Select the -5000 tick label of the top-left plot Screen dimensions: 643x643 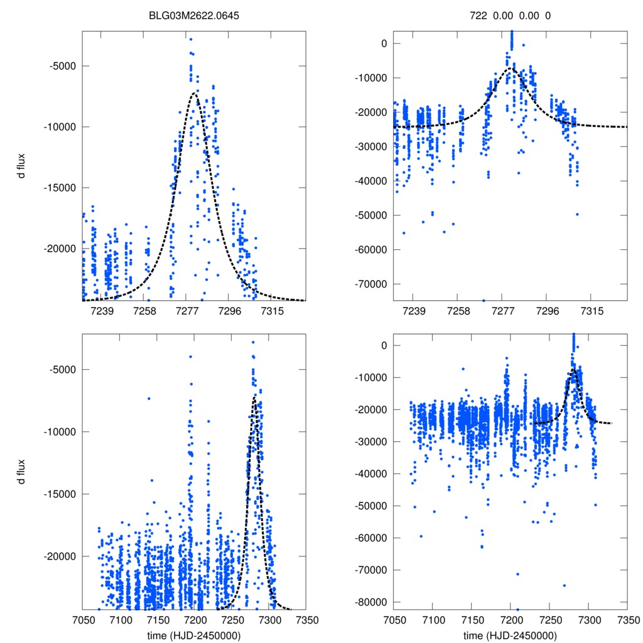(60, 66)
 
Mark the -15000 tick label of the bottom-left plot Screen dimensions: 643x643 (58, 494)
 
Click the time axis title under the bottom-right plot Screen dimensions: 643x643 (510, 635)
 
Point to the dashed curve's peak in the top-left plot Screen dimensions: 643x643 (195, 93)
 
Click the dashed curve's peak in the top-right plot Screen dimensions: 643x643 (512, 68)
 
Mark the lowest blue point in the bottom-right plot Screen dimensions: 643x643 (518, 609)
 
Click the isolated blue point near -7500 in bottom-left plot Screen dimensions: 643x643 (149, 398)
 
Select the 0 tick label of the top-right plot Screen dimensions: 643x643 (381, 43)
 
